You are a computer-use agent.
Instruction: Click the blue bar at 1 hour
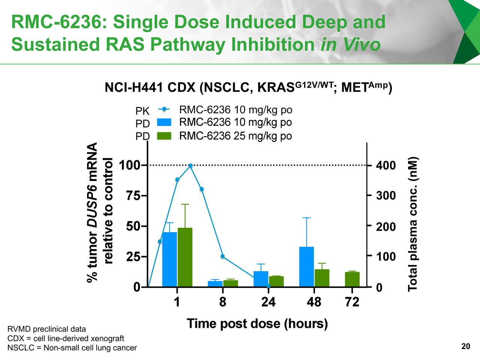coord(169,259)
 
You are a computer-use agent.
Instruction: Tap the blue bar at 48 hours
coord(306,267)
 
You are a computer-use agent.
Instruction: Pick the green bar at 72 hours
coord(352,279)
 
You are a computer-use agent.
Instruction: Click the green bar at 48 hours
coord(322,278)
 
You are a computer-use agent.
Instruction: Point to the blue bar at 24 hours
coord(261,279)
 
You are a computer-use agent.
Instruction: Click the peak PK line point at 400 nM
coord(190,165)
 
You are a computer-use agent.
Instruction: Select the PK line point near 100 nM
coord(222,256)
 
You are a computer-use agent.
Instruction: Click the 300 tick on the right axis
coord(386,196)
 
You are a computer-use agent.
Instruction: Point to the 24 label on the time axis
coord(268,302)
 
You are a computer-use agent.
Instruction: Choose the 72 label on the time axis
coord(352,302)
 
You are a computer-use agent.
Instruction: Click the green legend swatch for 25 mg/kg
coord(164,136)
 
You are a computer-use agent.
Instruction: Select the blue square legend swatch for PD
coord(164,122)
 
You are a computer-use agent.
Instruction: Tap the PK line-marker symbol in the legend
coord(164,109)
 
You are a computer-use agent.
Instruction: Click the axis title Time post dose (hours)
coord(257,323)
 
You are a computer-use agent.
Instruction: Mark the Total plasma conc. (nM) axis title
coord(413,223)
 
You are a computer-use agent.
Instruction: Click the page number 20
coord(465,346)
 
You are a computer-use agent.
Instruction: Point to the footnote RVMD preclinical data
coord(46,329)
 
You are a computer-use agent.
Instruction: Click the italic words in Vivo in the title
coord(350,44)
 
